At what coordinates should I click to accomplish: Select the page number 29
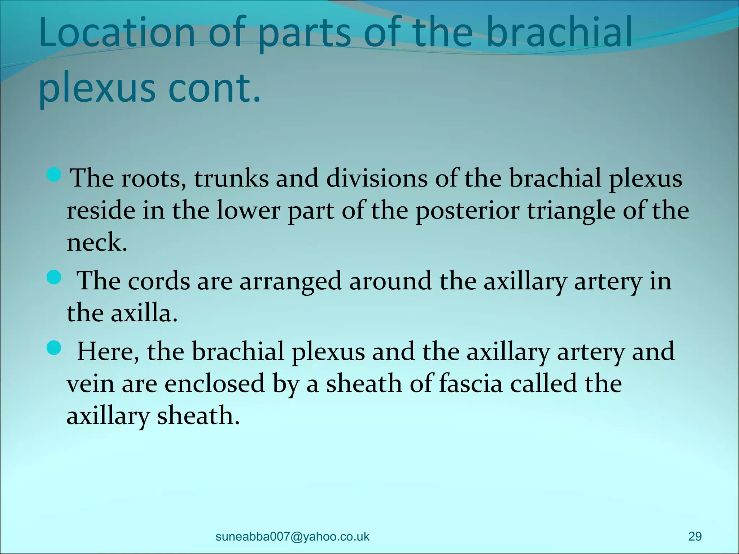click(x=695, y=536)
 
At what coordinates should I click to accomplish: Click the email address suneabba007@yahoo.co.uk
click(x=292, y=536)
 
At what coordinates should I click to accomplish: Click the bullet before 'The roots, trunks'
click(x=54, y=174)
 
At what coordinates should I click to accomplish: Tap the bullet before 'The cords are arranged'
click(x=54, y=278)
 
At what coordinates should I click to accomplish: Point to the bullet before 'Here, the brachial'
click(x=54, y=348)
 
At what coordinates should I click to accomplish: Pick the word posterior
click(x=467, y=210)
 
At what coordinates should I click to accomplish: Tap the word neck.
click(x=97, y=242)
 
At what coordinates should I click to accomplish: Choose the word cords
click(x=159, y=281)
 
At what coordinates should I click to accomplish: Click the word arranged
click(x=290, y=281)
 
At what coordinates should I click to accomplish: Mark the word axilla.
click(x=143, y=313)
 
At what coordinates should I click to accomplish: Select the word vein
click(x=90, y=384)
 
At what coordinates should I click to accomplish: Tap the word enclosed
click(x=215, y=384)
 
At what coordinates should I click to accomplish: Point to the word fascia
click(x=471, y=384)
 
